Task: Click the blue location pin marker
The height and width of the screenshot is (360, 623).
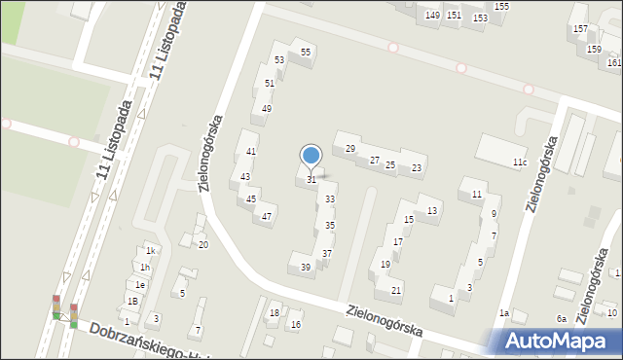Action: (x=311, y=156)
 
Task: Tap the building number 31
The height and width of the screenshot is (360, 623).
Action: (x=311, y=179)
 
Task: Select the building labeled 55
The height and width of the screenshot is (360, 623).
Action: (x=306, y=52)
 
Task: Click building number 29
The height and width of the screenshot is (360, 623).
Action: (x=350, y=148)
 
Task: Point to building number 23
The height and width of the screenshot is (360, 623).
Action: (x=417, y=168)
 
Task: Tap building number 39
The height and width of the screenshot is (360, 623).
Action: (x=306, y=267)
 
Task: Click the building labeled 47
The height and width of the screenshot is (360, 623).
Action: (x=267, y=216)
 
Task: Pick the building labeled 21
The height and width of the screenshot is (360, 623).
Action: (x=396, y=290)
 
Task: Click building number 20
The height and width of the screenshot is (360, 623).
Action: (x=202, y=244)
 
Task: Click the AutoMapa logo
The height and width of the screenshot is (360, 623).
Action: (x=559, y=342)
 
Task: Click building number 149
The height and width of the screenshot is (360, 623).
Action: (x=432, y=16)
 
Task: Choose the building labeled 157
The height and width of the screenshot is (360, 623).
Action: (x=581, y=29)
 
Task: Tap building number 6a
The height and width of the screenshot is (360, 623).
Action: (x=562, y=319)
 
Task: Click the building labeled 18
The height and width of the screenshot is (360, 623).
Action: (x=274, y=312)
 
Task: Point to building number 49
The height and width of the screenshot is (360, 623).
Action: (x=267, y=108)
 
